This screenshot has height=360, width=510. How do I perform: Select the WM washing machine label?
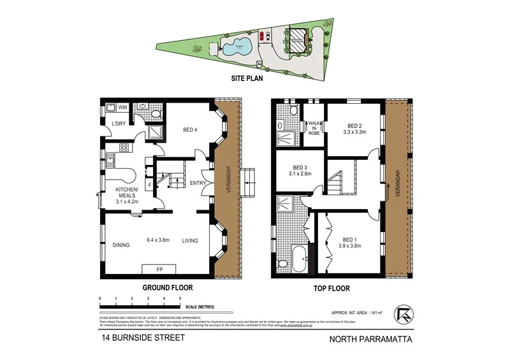coord(122,108)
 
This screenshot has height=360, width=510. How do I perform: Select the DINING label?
coord(121,245)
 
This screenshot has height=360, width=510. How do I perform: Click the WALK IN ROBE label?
coord(314,129)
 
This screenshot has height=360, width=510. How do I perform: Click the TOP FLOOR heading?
coord(332,288)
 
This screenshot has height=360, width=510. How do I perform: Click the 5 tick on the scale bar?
coord(180,298)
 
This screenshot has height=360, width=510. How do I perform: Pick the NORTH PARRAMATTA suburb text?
coord(370,339)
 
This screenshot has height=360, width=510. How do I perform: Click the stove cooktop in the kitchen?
coord(124,148)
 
